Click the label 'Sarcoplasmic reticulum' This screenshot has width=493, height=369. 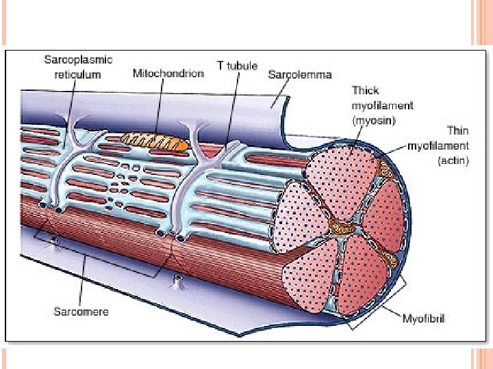pyautogui.click(x=78, y=67)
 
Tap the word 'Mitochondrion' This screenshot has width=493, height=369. pyautogui.click(x=168, y=72)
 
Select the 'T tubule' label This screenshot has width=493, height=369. pyautogui.click(x=237, y=66)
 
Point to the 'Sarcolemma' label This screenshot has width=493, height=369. pyautogui.click(x=300, y=74)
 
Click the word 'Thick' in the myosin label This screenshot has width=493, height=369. pyautogui.click(x=365, y=90)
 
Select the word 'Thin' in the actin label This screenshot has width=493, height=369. pyautogui.click(x=457, y=130)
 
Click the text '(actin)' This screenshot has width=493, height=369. pyautogui.click(x=453, y=161)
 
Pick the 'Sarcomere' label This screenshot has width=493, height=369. pyautogui.click(x=81, y=312)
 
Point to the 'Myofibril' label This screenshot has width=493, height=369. pyautogui.click(x=423, y=318)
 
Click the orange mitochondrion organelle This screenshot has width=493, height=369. pyautogui.click(x=154, y=141)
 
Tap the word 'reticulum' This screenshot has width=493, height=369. pyautogui.click(x=78, y=74)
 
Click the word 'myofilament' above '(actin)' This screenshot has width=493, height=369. pyautogui.click(x=438, y=146)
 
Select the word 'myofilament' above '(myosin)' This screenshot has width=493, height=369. pyautogui.click(x=382, y=105)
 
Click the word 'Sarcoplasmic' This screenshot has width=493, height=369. pyautogui.click(x=78, y=59)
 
